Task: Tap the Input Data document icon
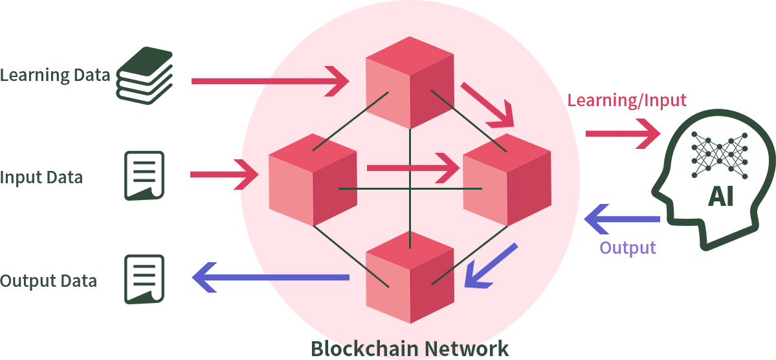pos(144,175)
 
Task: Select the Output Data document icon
pos(144,279)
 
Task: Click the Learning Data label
pos(55,75)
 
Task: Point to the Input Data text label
pos(41,177)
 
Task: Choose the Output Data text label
pos(49,281)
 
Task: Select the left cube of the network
pos(313,179)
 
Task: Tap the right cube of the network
pos(507,179)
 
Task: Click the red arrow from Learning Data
pos(270,80)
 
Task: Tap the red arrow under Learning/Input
pos(623,133)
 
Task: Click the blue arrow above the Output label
pos(622,219)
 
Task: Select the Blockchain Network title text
pos(410,348)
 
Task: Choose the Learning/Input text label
pos(626,100)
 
